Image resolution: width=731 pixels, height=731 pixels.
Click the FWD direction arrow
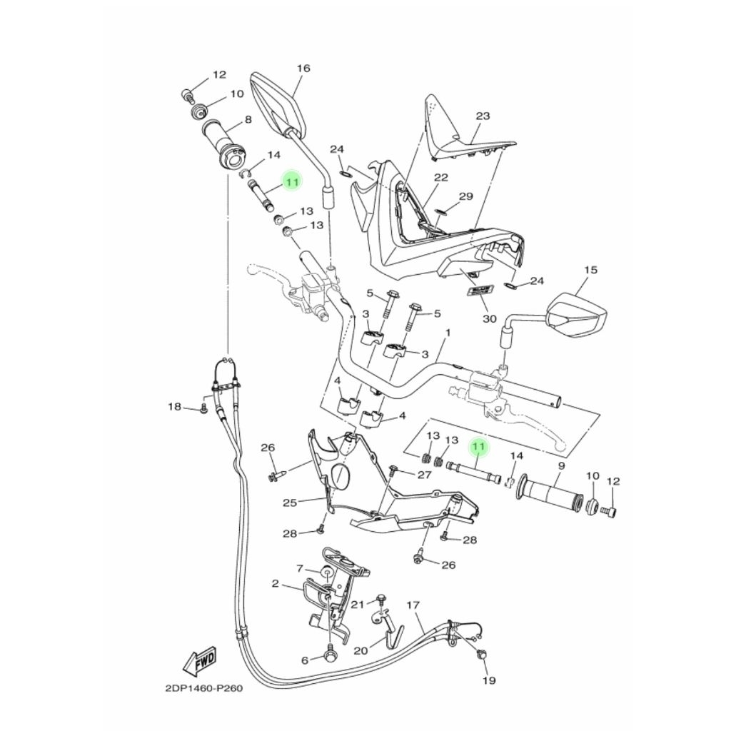(200, 662)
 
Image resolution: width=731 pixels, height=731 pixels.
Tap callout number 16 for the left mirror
(303, 69)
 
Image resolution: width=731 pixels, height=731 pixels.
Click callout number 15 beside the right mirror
(590, 270)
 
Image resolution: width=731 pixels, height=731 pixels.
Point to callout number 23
(483, 116)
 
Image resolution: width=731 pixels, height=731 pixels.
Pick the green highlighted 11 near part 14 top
(291, 182)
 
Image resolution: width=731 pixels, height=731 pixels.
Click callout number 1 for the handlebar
(448, 333)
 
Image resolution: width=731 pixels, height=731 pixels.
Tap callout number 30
(489, 318)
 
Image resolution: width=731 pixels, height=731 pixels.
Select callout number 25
(289, 503)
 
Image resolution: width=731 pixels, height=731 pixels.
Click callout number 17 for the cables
(413, 605)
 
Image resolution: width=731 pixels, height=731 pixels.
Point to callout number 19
(488, 680)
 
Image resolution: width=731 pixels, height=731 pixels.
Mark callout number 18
(174, 407)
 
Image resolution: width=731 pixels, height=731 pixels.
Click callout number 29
(465, 196)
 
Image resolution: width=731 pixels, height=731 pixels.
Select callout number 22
(440, 178)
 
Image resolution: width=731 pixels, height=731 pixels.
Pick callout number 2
(276, 584)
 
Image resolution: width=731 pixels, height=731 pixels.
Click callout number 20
(361, 650)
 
